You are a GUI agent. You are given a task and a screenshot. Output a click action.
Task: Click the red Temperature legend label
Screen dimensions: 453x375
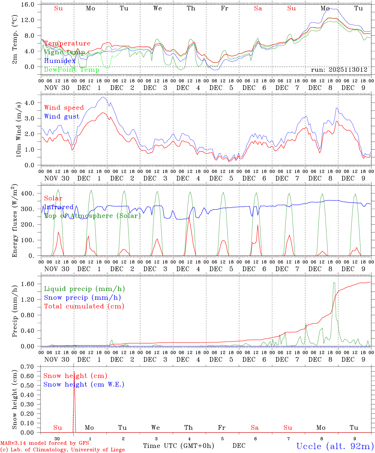coord(67,43)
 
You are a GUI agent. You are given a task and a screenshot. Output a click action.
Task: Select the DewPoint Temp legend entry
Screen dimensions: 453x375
coord(72,70)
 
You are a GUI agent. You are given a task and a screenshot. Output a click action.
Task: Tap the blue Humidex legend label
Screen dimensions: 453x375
coord(60,61)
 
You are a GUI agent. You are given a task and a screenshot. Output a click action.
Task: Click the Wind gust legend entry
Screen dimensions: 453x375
coord(62,116)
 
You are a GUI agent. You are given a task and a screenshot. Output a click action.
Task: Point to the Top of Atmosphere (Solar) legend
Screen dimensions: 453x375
coord(92,216)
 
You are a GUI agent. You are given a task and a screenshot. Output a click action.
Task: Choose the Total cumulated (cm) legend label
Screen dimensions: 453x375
coord(84,306)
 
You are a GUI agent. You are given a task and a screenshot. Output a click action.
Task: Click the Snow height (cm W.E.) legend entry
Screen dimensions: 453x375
coord(84,384)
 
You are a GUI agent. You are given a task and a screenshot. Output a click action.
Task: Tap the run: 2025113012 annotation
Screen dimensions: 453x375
coord(339,70)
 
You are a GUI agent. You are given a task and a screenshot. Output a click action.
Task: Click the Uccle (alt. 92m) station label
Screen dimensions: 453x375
coord(335,446)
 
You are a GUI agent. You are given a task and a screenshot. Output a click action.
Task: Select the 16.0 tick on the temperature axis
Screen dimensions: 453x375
coord(31,5)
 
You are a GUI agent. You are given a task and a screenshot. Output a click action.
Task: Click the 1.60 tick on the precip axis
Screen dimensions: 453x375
coord(31,284)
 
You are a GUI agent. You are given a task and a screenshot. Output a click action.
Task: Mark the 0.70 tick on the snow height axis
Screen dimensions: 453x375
coord(31,367)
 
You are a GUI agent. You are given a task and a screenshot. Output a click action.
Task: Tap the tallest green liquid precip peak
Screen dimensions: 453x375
coord(334,283)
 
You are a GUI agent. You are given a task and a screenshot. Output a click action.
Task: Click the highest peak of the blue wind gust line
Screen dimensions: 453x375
coord(103,97)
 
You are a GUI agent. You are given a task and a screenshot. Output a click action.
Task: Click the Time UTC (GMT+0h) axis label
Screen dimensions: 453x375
coord(178,445)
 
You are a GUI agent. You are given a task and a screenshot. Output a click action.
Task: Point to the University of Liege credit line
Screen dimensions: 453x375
coord(63,450)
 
